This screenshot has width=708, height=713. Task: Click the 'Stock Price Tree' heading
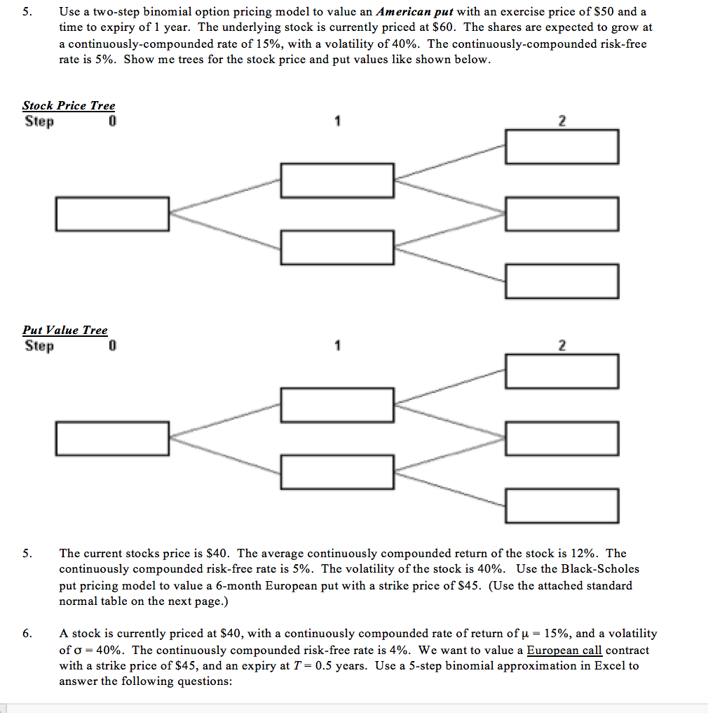[69, 105]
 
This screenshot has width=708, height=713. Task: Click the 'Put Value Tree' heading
[65, 330]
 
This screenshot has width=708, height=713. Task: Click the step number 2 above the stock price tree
[561, 121]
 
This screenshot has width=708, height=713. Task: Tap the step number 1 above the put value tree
[337, 345]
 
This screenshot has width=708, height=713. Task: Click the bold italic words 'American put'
[414, 12]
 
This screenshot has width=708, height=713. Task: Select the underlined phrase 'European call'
[564, 651]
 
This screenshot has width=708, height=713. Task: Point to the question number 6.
[27, 634]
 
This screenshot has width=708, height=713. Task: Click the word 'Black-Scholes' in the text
[600, 569]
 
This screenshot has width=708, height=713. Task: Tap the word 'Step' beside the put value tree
[39, 346]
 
